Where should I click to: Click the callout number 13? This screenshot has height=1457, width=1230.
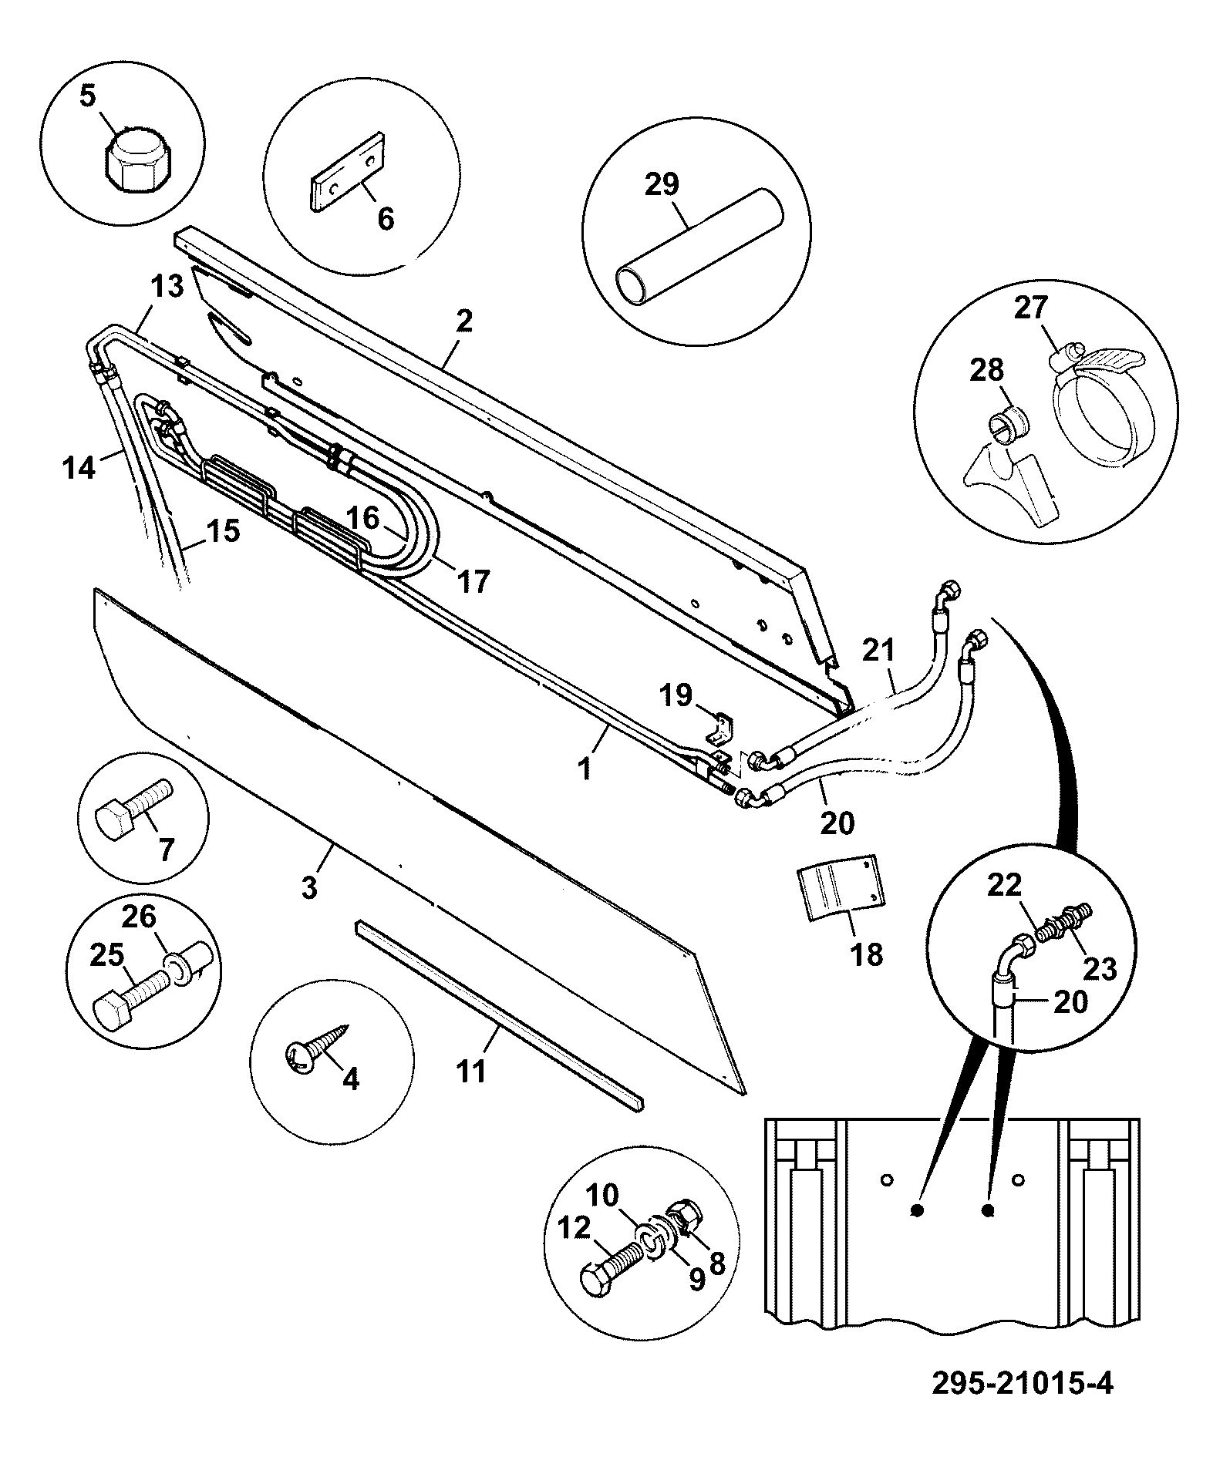[167, 288]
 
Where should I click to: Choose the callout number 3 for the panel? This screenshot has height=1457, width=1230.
[309, 887]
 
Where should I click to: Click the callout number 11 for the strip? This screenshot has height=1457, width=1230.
[470, 1071]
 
